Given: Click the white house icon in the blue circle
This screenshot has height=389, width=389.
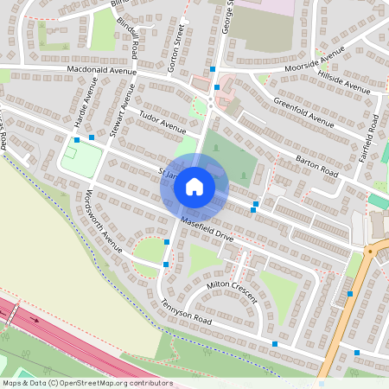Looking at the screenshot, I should click(194, 186).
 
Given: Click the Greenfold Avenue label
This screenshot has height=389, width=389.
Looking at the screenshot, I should click(303, 113).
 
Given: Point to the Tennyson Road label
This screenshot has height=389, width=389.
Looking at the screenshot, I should click(162, 311).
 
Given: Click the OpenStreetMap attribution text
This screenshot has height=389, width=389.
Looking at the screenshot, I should click(87, 383).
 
